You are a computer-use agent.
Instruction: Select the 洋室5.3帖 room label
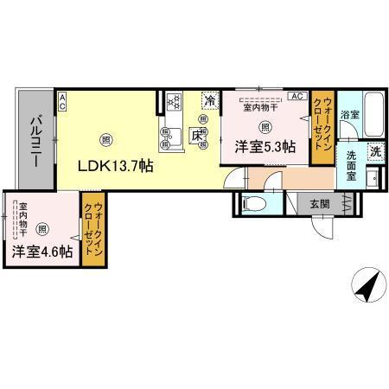click(x=265, y=147)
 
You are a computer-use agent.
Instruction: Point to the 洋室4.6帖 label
click(x=41, y=253)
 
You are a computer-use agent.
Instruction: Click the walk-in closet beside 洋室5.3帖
click(x=322, y=128)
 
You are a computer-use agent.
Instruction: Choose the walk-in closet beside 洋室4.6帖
click(x=91, y=232)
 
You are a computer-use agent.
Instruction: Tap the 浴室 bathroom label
click(x=349, y=115)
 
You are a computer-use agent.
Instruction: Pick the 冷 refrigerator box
click(x=209, y=100)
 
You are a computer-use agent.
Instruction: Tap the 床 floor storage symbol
click(x=198, y=136)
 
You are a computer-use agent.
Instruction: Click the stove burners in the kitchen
click(x=174, y=102)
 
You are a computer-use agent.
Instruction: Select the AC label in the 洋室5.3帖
click(x=296, y=96)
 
